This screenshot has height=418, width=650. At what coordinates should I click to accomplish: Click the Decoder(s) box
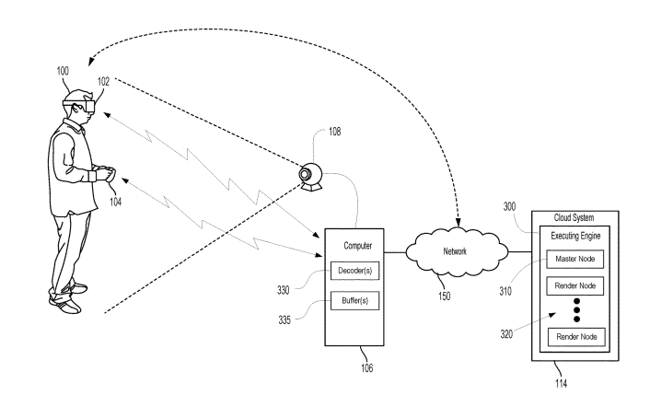point(355,271)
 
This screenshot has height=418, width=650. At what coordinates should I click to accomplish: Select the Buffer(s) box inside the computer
point(355,300)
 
